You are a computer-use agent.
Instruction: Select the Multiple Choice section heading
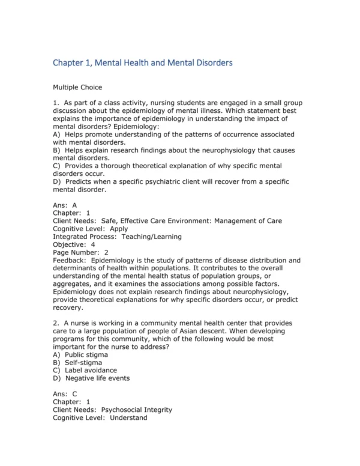[x=77, y=87]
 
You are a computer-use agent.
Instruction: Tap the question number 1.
[x=55, y=103]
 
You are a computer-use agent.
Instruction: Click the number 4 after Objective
[x=93, y=244]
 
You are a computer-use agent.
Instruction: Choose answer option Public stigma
[x=87, y=354]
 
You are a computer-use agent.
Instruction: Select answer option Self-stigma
[x=83, y=362]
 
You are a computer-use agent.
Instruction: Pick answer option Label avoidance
[x=91, y=371]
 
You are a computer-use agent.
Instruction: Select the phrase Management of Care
[x=250, y=221]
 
